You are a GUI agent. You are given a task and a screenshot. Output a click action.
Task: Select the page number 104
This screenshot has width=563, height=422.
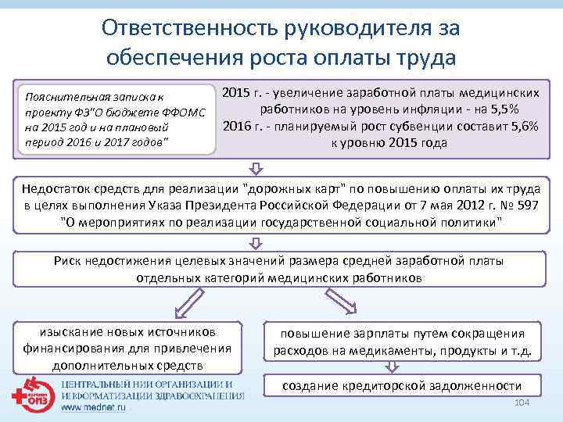click(518, 402)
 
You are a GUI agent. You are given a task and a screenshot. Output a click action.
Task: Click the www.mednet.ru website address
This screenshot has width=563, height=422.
click(95, 407)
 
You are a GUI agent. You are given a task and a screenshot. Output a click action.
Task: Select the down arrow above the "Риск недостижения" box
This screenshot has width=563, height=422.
click(256, 242)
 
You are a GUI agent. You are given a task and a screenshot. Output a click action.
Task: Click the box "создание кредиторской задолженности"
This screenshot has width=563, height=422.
click(401, 385)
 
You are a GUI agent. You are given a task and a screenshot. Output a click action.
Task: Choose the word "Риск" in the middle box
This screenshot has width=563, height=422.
click(69, 262)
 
